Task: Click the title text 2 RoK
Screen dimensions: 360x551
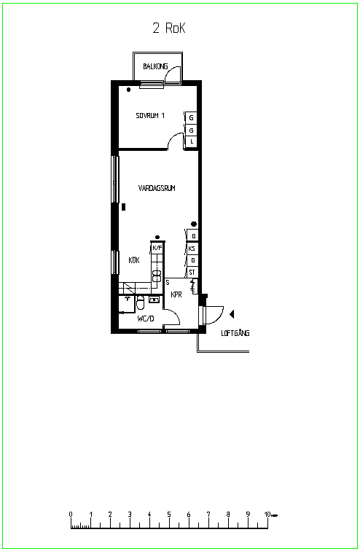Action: (169, 28)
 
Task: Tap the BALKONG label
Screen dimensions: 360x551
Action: (155, 66)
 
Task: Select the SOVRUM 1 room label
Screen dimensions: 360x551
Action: (150, 116)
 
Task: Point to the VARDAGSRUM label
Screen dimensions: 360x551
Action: (157, 188)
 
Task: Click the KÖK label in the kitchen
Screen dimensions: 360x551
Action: (134, 260)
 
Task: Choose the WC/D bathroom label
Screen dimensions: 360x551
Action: (146, 319)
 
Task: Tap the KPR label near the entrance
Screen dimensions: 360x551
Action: (176, 294)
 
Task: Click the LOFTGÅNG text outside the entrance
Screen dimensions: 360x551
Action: (235, 332)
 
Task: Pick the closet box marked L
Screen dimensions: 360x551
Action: (192, 141)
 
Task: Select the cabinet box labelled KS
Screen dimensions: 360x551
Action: (192, 249)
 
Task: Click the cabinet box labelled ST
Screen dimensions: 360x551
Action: (192, 272)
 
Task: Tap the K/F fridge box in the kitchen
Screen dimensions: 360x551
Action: (157, 248)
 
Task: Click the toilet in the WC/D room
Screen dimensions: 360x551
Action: (140, 302)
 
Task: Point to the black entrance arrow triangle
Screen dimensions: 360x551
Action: (232, 314)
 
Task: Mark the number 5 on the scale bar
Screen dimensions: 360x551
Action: (169, 515)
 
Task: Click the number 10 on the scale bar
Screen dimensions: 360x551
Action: (267, 515)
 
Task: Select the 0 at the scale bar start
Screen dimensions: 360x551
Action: (71, 515)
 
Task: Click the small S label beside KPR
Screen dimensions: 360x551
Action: (168, 282)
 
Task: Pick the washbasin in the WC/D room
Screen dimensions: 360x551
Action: (154, 300)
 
